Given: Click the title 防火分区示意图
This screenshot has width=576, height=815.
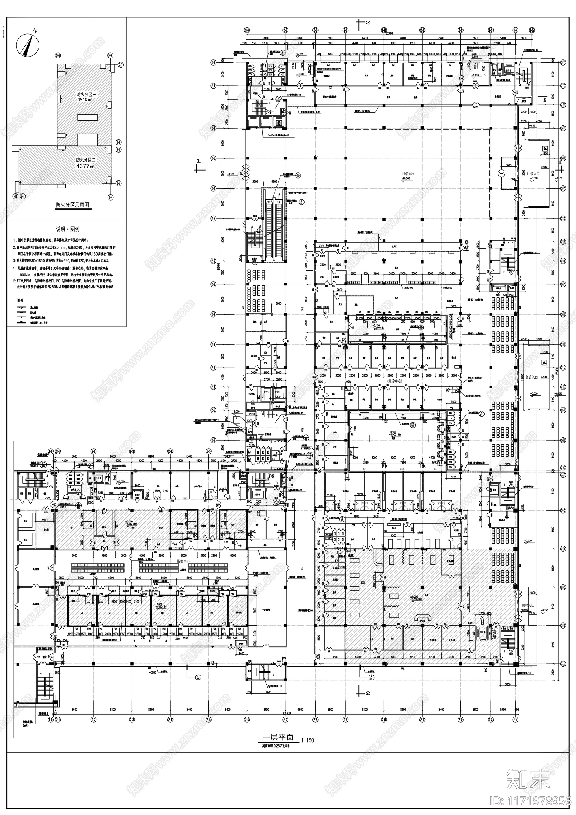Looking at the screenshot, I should tap(72, 205).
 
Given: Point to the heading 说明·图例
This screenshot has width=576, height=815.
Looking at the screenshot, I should tap(67, 229).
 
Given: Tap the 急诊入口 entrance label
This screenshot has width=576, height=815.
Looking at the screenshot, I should tap(532, 377).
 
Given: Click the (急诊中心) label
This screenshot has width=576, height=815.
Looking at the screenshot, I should tap(395, 381).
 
